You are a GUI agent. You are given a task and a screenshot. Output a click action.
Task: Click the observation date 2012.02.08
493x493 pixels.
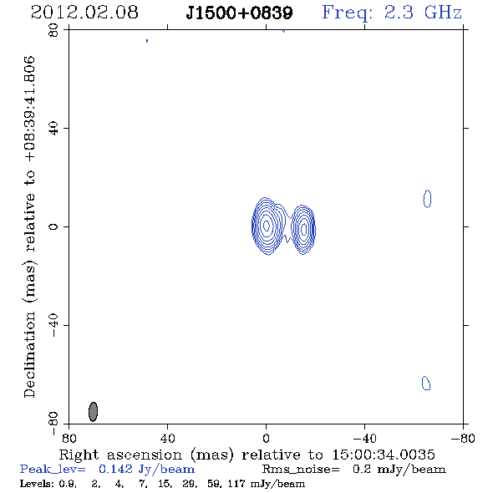pos(84,13)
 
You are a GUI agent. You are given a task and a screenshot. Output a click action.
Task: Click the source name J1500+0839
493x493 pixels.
pos(239,13)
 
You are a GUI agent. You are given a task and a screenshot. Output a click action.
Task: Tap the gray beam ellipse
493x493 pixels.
pos(93,411)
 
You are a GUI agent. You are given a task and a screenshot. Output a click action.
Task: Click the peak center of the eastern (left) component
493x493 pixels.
pos(267,225)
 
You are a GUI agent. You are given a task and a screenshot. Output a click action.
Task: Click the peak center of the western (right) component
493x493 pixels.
pos(303,229)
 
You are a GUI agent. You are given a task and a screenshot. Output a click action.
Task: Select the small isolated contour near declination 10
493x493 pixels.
pos(427,199)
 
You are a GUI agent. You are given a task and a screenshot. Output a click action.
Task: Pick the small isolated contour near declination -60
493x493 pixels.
pos(425,383)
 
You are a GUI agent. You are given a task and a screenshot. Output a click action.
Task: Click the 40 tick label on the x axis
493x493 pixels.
pos(167,439)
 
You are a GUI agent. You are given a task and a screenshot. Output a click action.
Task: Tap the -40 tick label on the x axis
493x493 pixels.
pos(364,439)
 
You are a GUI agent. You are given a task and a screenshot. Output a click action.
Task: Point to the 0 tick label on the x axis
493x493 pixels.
pos(266,439)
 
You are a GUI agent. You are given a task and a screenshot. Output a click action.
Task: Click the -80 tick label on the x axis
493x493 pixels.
pos(463,439)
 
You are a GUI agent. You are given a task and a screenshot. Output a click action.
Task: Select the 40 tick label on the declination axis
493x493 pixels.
pos(53,129)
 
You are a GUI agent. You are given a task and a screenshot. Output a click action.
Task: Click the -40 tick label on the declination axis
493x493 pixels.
pos(53,325)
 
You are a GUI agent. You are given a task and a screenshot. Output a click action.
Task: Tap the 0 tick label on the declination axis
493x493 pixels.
pos(53,226)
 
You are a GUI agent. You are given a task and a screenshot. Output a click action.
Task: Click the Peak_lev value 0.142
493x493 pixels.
pos(115,469)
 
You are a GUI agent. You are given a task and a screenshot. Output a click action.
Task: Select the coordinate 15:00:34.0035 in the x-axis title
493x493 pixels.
pos(384,455)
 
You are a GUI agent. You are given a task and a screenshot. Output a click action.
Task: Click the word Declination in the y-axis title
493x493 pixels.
pos(29,354)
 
